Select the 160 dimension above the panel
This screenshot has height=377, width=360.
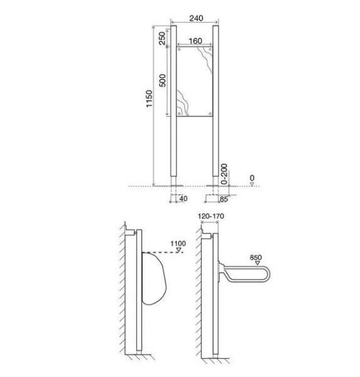point(195,41)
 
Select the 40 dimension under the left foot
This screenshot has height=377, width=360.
point(183,199)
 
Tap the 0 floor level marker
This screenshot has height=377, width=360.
point(251,178)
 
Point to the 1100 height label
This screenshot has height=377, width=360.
point(178,243)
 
